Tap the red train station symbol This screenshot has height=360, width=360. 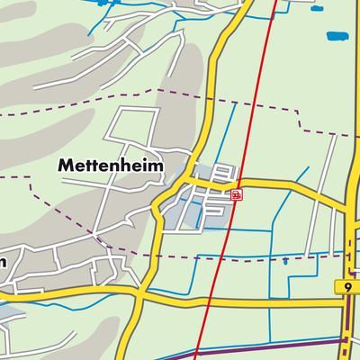tap(236, 194)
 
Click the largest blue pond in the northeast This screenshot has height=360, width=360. tap(338, 38)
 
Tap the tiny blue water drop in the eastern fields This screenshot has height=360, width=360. tap(285, 261)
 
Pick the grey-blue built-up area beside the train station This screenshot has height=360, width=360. tap(200, 202)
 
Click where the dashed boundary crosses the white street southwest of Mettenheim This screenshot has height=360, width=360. tap(94, 235)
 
